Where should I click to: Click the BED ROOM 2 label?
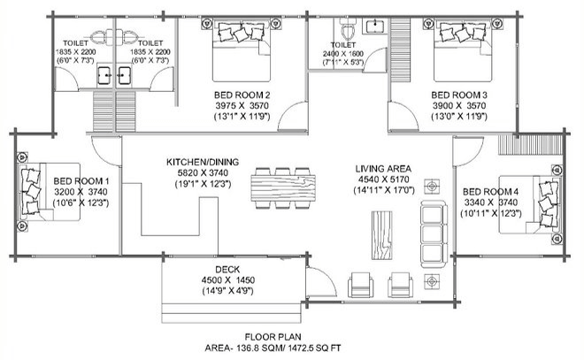(242, 95)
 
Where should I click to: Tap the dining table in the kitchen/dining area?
(283, 188)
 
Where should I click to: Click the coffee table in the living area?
(381, 235)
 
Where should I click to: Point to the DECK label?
(227, 270)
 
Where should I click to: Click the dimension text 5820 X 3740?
(203, 172)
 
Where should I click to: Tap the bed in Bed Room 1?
(50, 192)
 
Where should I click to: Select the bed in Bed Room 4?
(529, 204)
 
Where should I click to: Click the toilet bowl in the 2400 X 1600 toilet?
(349, 30)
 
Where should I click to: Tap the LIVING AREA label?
(383, 169)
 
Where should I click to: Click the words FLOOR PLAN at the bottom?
(273, 337)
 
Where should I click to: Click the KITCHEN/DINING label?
(203, 163)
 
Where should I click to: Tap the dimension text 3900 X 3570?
(459, 106)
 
